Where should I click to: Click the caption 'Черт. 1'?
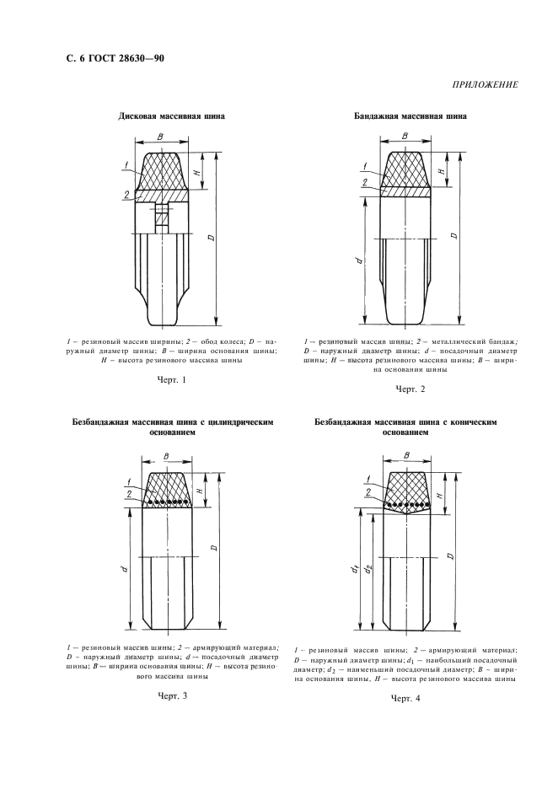[171, 380]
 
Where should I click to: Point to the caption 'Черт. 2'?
[410, 389]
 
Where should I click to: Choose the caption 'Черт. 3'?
[172, 695]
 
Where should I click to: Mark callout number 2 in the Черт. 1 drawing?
[126, 195]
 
